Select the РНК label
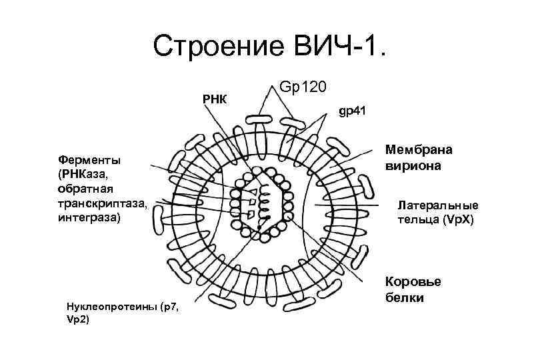[x=215, y=99]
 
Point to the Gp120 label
[x=302, y=87]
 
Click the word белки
[x=404, y=297]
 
